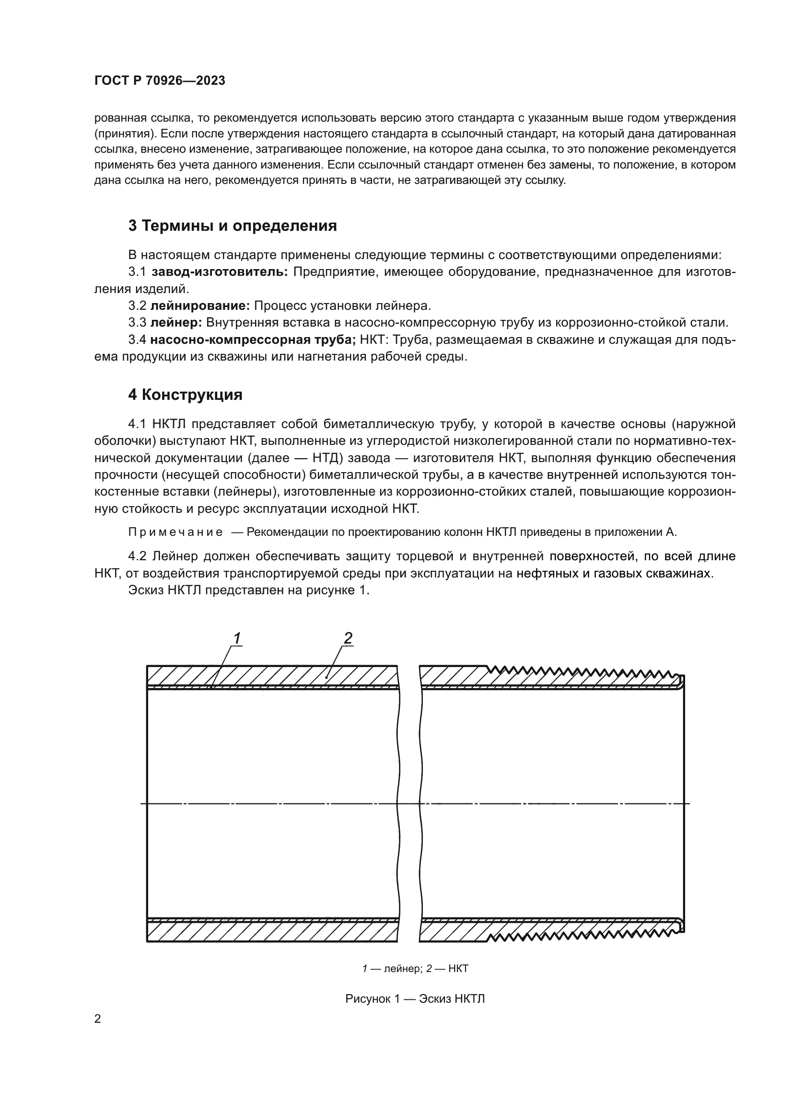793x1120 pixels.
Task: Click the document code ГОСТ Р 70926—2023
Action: pos(160,81)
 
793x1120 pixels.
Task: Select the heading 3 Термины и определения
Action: pos(233,226)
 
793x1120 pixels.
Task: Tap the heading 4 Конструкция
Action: pos(185,395)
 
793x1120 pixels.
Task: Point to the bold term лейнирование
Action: pos(200,306)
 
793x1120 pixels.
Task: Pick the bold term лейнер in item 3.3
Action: pos(176,323)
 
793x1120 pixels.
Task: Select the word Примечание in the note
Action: pos(175,532)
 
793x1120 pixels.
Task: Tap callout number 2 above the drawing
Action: pos(348,638)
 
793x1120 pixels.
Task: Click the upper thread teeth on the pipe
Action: pos(581,671)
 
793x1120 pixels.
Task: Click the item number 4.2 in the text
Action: pos(138,556)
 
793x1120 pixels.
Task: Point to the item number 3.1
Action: pos(137,272)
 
